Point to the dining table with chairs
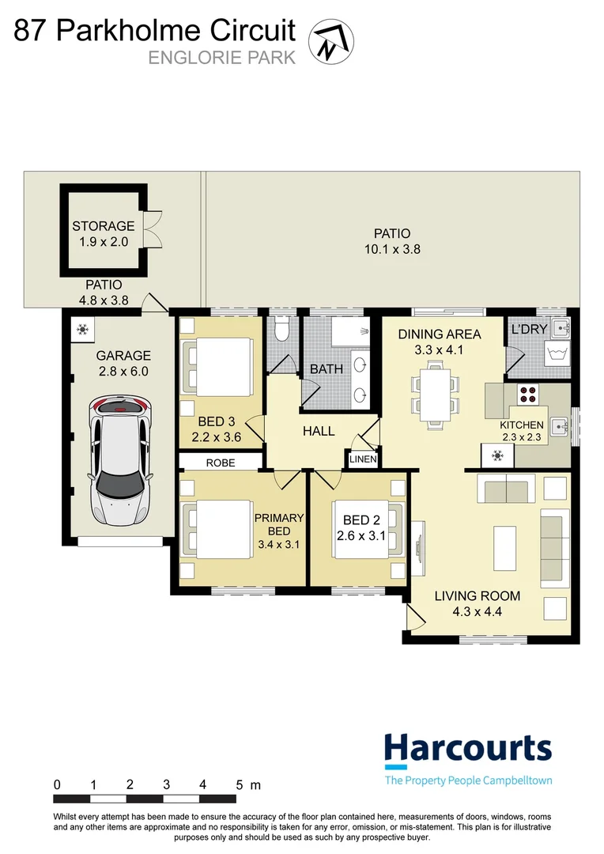pyautogui.click(x=434, y=393)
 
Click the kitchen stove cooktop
pyautogui.click(x=527, y=393)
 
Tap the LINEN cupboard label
pyautogui.click(x=363, y=459)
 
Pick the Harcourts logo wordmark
pyautogui.click(x=468, y=747)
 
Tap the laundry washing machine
pyautogui.click(x=560, y=353)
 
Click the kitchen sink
pyautogui.click(x=558, y=425)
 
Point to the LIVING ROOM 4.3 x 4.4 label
pyautogui.click(x=477, y=603)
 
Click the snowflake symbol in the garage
pyautogui.click(x=81, y=330)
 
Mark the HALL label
pyautogui.click(x=319, y=431)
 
